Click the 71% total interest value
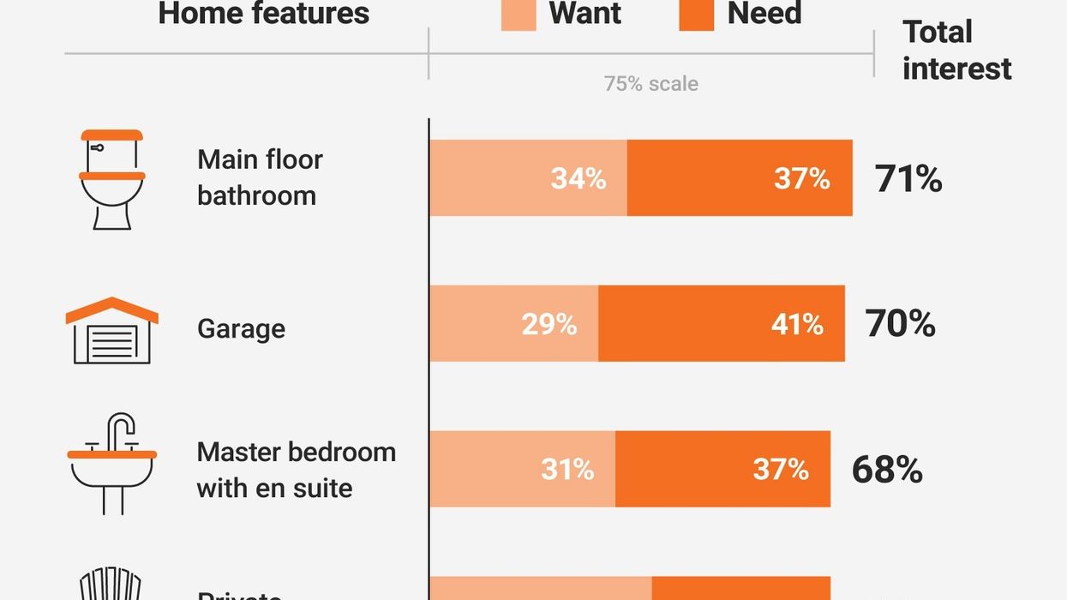(x=908, y=179)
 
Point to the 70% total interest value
(x=900, y=324)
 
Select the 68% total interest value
(x=887, y=470)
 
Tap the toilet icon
(x=112, y=179)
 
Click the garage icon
(x=112, y=330)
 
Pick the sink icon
(x=112, y=463)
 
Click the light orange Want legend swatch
(x=519, y=15)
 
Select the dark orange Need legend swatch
(x=696, y=15)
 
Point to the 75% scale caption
(x=650, y=84)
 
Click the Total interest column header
(x=956, y=50)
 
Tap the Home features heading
(x=264, y=14)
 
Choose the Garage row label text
(x=241, y=329)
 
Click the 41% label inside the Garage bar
(x=796, y=324)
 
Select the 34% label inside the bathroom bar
(x=578, y=178)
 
